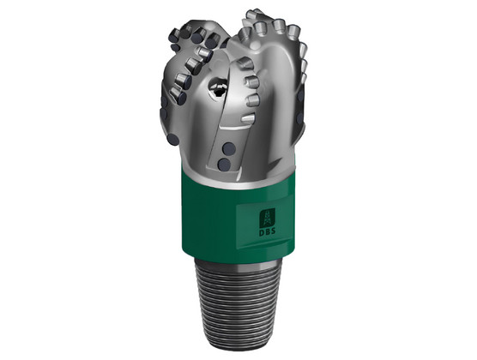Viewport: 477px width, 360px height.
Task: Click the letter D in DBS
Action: coord(262,231)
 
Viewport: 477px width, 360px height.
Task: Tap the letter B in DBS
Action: coord(267,231)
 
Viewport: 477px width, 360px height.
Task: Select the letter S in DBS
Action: coord(273,231)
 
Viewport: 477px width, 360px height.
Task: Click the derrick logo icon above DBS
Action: coord(267,218)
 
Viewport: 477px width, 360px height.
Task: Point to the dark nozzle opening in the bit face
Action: coord(218,87)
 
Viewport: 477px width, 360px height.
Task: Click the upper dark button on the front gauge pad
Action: coord(228,149)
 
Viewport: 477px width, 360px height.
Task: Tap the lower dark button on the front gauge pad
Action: coord(224,165)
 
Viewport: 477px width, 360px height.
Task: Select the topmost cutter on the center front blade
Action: coord(245,63)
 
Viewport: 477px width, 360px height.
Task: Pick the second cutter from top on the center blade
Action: coord(252,81)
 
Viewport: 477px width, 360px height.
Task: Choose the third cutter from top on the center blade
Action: coord(253,100)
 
